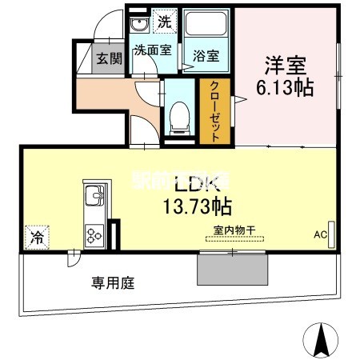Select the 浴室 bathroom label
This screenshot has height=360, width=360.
pyautogui.click(x=206, y=58)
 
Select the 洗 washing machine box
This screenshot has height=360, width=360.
pyautogui.click(x=162, y=22)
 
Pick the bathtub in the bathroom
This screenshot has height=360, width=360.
pyautogui.click(x=206, y=26)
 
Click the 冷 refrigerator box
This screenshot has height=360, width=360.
pyautogui.click(x=36, y=236)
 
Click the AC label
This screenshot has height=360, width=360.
pyautogui.click(x=319, y=235)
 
